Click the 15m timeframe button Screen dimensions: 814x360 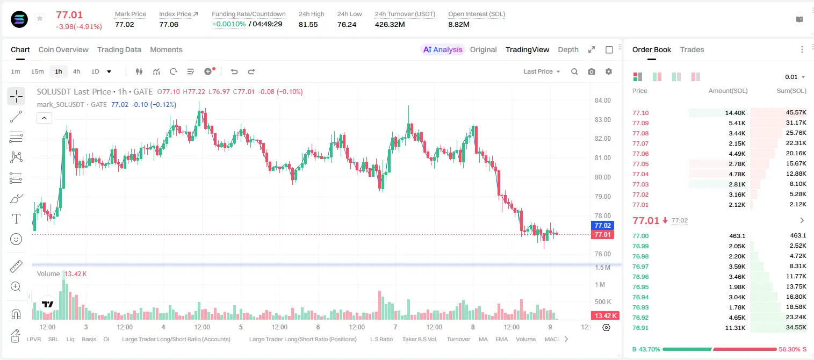tap(38, 71)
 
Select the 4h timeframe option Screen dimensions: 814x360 tap(76, 71)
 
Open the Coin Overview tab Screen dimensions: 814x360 tap(63, 49)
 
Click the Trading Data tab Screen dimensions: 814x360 tap(119, 49)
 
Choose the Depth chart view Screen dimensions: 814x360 tap(568, 50)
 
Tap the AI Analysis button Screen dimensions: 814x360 tap(443, 49)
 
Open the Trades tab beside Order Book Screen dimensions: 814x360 tap(692, 49)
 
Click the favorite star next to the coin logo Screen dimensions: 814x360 tap(40, 18)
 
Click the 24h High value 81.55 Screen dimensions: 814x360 tap(308, 24)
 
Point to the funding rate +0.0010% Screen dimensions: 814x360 tap(229, 24)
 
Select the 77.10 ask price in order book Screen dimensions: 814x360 tap(640, 113)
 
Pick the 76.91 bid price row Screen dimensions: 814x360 tap(640, 328)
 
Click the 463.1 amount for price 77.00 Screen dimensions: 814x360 tap(737, 236)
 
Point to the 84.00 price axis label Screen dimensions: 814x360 tap(602, 100)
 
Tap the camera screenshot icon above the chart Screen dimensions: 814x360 tap(592, 71)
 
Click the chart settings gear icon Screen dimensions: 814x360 tap(609, 71)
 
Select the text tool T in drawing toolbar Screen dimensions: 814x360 tap(16, 219)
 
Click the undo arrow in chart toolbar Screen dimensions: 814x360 tap(234, 71)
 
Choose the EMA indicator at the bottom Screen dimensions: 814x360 tap(501, 339)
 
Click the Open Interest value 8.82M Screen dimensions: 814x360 tap(459, 24)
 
